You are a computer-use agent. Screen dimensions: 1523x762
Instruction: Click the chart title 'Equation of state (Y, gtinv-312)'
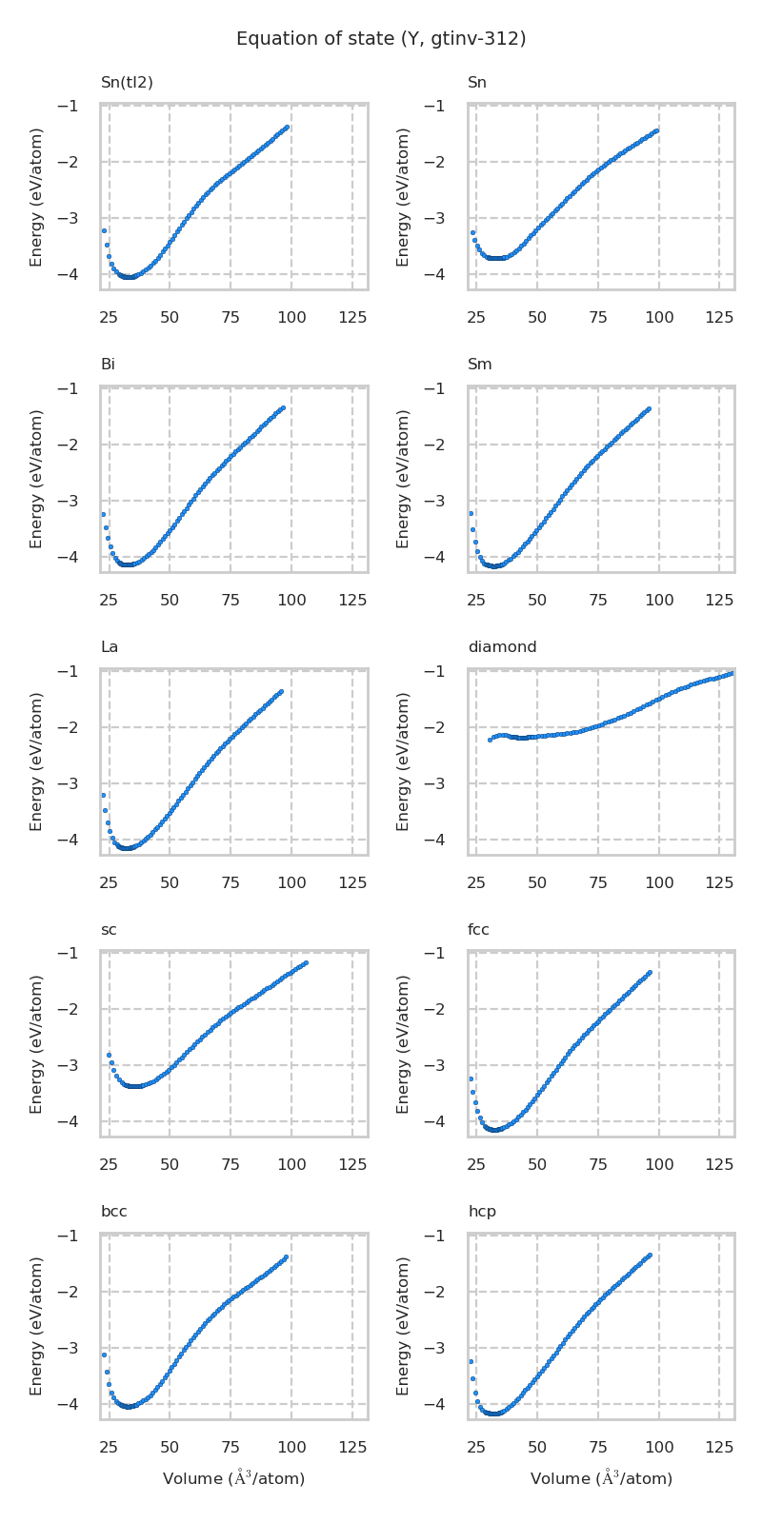(x=381, y=39)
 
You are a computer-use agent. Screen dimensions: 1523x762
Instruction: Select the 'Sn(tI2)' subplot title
(x=127, y=83)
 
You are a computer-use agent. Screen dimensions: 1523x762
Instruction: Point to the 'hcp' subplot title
(x=482, y=1212)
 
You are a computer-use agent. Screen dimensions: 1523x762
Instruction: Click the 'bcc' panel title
(x=114, y=1212)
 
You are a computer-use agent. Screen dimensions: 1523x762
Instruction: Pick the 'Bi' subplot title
(x=108, y=365)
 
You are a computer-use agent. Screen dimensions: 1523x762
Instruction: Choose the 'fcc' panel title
(x=478, y=930)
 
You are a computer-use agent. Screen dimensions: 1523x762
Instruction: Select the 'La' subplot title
(x=110, y=647)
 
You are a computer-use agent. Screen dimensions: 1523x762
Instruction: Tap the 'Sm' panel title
(x=480, y=365)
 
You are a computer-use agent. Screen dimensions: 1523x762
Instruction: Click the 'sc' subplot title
(x=109, y=930)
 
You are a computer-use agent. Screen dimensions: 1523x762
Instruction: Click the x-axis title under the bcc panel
(x=233, y=1478)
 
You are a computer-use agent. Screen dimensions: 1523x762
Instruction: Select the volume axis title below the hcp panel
(x=601, y=1478)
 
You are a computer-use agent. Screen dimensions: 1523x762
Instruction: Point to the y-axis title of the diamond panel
(x=404, y=761)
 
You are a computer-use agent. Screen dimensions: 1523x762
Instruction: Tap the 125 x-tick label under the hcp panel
(x=720, y=1447)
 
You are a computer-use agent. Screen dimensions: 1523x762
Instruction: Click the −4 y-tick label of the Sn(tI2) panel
(x=68, y=274)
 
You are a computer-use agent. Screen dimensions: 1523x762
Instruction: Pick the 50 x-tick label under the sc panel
(x=170, y=1164)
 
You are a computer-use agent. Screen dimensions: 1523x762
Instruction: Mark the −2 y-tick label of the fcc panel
(x=435, y=1009)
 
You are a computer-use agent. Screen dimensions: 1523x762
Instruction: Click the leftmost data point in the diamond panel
(x=490, y=740)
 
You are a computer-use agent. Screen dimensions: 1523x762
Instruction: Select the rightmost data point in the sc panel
(x=306, y=962)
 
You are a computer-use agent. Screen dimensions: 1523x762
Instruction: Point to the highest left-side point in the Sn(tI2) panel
(x=104, y=230)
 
